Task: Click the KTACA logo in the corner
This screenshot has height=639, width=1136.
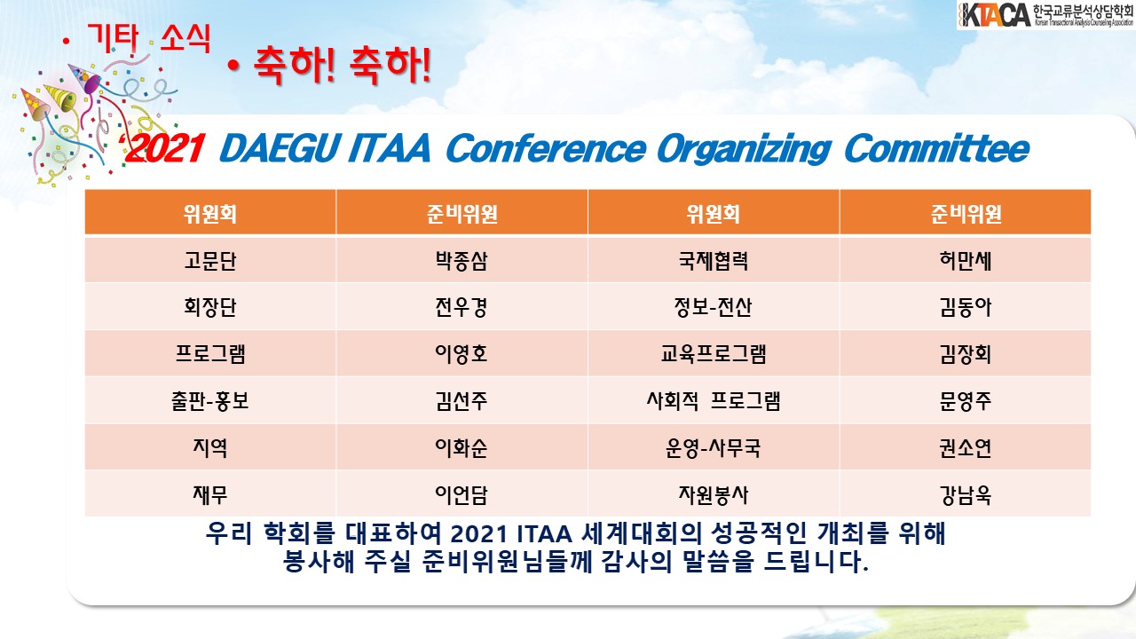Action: point(1045,15)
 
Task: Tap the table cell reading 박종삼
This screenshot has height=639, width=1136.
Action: point(461,261)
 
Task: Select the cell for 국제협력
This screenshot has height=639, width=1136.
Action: point(713,261)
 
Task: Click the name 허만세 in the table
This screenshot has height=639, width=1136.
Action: point(965,261)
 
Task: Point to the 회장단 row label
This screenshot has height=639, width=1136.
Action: point(210,307)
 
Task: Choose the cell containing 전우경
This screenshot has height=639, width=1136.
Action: point(461,307)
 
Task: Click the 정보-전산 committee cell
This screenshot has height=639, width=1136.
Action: point(713,307)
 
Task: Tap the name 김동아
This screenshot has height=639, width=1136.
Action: point(965,307)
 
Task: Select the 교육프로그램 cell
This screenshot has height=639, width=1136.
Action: point(713,353)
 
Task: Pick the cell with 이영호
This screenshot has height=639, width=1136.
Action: point(461,353)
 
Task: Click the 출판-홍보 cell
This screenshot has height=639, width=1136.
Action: point(210,400)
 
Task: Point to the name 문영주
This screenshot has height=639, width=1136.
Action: point(965,400)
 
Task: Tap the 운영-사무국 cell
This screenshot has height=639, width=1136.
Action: point(713,447)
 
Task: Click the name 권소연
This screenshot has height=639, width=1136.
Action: point(965,447)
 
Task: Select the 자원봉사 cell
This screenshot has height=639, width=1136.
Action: point(713,494)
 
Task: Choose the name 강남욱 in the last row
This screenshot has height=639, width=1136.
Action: point(965,494)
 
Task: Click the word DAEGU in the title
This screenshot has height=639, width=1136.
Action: point(280,148)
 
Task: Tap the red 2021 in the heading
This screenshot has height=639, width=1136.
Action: point(164,148)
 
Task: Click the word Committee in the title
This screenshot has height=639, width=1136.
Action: point(936,148)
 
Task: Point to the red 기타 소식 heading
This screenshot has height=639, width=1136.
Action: point(149,37)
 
